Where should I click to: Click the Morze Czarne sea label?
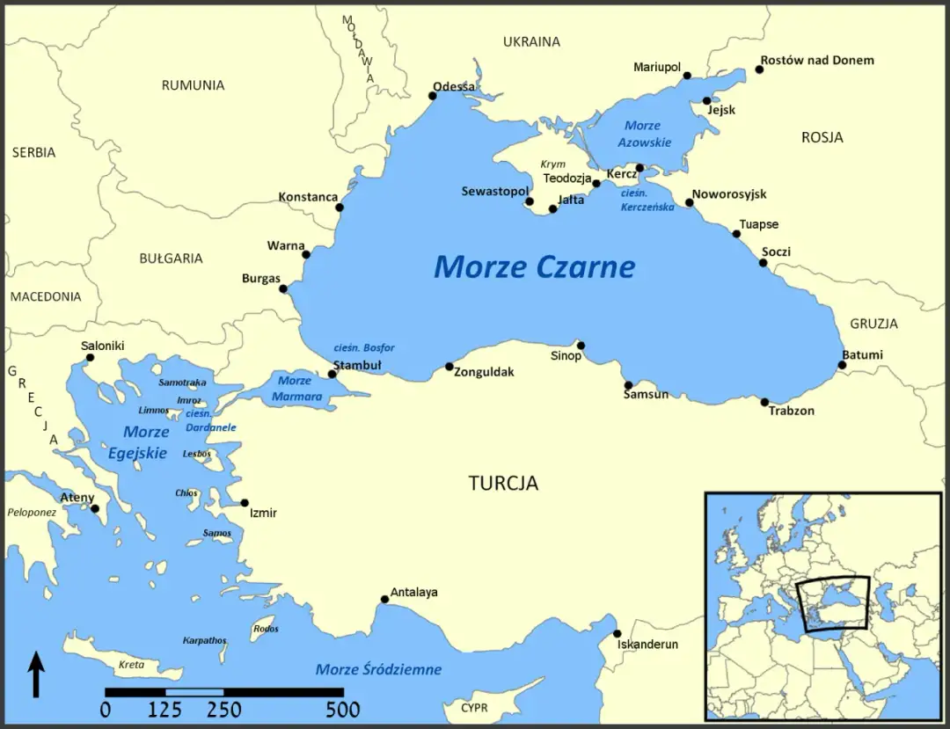coord(534,266)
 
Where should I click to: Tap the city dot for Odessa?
coord(432,96)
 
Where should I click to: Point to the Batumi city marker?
coord(842,365)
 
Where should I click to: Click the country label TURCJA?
coord(503,483)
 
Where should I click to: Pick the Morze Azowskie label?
coord(644,134)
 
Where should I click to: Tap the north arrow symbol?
coord(36,674)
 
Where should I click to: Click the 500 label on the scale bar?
coord(342,710)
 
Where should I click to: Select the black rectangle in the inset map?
coord(832,603)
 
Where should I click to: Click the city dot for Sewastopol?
coord(530,201)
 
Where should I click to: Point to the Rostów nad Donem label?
coord(817,60)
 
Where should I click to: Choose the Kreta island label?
coord(130,664)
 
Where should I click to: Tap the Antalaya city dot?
coord(384,600)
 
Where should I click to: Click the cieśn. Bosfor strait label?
coord(364,347)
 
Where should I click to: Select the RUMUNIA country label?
coord(193,85)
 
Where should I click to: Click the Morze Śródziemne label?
coord(378,669)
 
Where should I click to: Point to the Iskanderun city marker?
coord(617,634)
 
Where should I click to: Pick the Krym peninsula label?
coord(553,164)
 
